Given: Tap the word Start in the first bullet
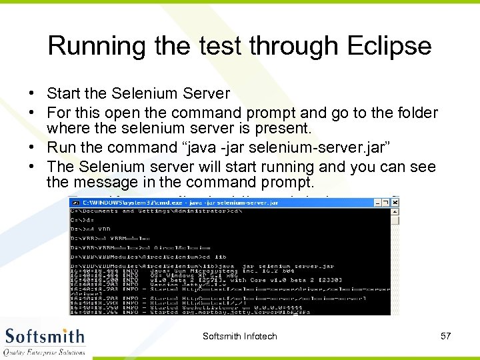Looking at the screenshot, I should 64,93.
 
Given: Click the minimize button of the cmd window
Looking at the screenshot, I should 377,201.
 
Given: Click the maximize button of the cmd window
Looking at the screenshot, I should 386,201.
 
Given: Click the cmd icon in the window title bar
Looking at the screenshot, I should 75,202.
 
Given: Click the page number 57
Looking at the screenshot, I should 446,336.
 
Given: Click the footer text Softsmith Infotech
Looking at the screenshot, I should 240,336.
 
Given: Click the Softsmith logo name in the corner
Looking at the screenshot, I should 45,336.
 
